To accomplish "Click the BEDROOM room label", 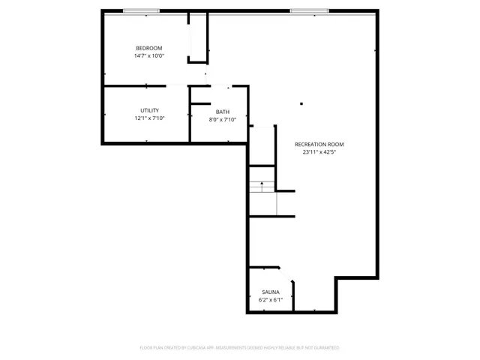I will coord(148,48).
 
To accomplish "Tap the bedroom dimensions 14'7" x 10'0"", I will coord(148,55).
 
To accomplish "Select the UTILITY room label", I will coord(149,110).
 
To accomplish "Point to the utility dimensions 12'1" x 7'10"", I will coord(149,118).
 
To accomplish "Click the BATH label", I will coord(223,112).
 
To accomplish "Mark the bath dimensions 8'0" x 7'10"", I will coord(223,119).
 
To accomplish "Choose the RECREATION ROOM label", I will coord(319,144).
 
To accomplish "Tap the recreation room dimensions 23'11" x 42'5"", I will coord(319,151).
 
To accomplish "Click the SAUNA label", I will coord(270,292).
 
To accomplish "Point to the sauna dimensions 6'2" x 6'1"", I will coord(270,299).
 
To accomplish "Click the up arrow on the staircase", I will coord(261,182).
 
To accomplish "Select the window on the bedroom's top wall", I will coord(141,11).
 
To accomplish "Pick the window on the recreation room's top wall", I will coord(309,11).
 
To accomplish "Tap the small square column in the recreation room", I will coord(301,104).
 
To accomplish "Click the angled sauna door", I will coord(288,274).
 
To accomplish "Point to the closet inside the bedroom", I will coord(198,37).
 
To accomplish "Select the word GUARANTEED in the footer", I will coord(325,348).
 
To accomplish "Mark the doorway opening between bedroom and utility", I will coord(176,86).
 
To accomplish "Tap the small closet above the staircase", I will coord(262,146).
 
